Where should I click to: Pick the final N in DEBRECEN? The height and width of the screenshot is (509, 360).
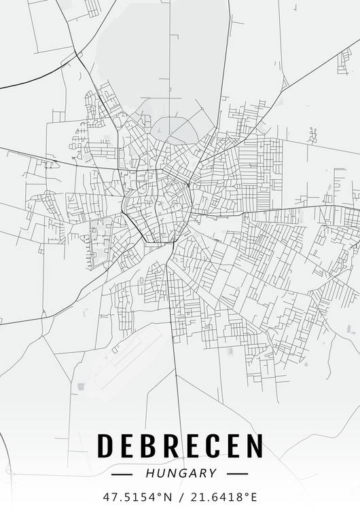[x=252, y=446]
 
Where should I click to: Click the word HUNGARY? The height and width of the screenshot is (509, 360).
[x=180, y=473]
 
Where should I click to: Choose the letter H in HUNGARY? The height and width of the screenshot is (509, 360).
[x=149, y=473]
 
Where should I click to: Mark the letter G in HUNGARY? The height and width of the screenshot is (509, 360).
[x=180, y=473]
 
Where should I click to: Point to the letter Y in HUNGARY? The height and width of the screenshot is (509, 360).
[x=213, y=473]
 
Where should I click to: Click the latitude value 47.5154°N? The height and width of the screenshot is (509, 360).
[x=137, y=496]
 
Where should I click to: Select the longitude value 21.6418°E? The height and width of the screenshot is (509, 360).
[x=223, y=496]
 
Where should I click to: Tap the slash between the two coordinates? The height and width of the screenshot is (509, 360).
[x=181, y=496]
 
